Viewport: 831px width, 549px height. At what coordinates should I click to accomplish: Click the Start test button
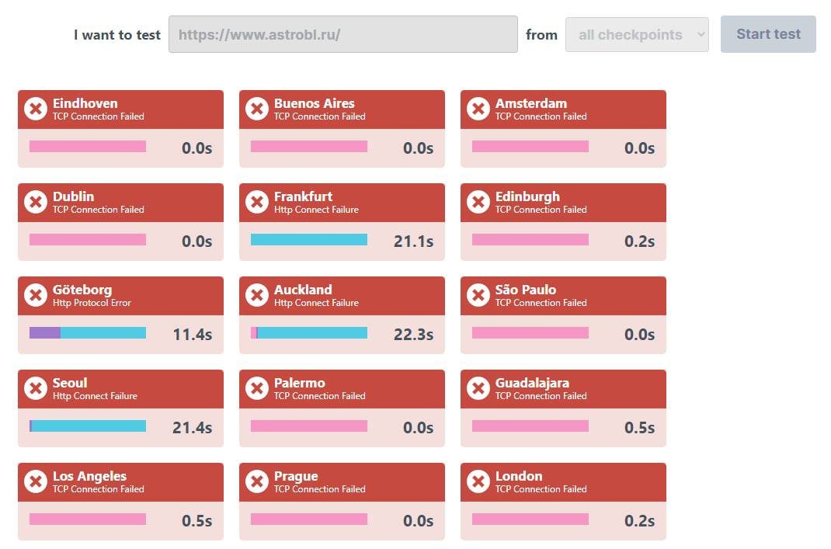tap(768, 34)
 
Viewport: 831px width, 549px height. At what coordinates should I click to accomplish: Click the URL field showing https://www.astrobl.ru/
tap(342, 34)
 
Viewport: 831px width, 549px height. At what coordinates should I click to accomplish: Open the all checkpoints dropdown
tap(637, 35)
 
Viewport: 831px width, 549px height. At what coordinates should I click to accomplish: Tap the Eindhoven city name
tap(85, 103)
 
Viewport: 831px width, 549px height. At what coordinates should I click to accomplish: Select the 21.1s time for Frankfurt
tap(413, 241)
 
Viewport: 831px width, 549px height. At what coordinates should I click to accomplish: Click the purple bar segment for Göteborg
tap(45, 332)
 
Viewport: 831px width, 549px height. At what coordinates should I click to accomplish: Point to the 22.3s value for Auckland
tap(413, 335)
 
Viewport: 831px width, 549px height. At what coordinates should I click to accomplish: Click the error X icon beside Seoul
tap(35, 388)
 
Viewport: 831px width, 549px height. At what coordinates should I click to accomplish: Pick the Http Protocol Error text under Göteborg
tap(92, 303)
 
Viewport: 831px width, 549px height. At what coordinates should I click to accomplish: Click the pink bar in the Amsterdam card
tap(530, 146)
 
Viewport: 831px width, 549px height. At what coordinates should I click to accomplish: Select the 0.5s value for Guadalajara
tap(639, 428)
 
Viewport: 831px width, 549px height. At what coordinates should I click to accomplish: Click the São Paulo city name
tap(526, 290)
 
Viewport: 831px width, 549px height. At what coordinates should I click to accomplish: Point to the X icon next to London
tap(478, 481)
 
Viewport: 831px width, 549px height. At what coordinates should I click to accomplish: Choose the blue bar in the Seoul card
tap(89, 426)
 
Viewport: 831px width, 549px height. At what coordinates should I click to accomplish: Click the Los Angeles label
tap(89, 476)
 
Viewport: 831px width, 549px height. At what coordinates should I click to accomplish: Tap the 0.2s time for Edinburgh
tap(639, 241)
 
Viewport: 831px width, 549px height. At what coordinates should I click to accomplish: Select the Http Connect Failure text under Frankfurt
tap(316, 210)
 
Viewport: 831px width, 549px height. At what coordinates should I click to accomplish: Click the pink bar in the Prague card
tap(308, 519)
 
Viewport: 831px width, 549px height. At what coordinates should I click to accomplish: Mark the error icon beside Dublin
tap(35, 202)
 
